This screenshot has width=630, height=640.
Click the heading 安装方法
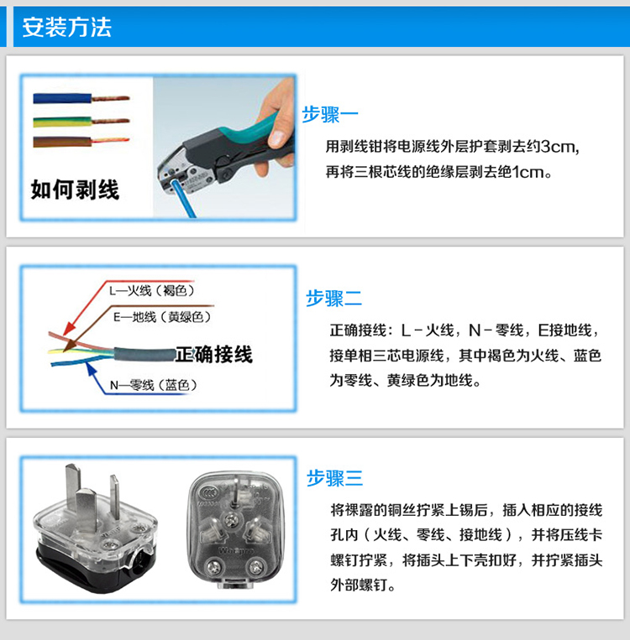click(x=66, y=28)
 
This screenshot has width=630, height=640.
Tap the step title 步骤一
click(x=330, y=115)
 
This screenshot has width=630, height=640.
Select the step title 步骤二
click(x=334, y=298)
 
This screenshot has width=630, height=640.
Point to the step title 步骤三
click(x=335, y=477)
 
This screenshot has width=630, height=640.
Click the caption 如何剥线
click(x=75, y=190)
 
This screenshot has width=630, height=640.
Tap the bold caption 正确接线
click(x=214, y=354)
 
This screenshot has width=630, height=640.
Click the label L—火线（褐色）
click(x=152, y=290)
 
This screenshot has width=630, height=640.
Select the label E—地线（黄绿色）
click(x=162, y=317)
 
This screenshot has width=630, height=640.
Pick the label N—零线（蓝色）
click(x=154, y=385)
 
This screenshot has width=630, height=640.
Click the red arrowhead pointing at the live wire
click(x=69, y=329)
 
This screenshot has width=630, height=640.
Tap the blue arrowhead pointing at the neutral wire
click(x=91, y=368)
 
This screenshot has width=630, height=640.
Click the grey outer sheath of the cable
click(x=144, y=354)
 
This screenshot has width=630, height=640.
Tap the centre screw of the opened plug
click(x=233, y=519)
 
